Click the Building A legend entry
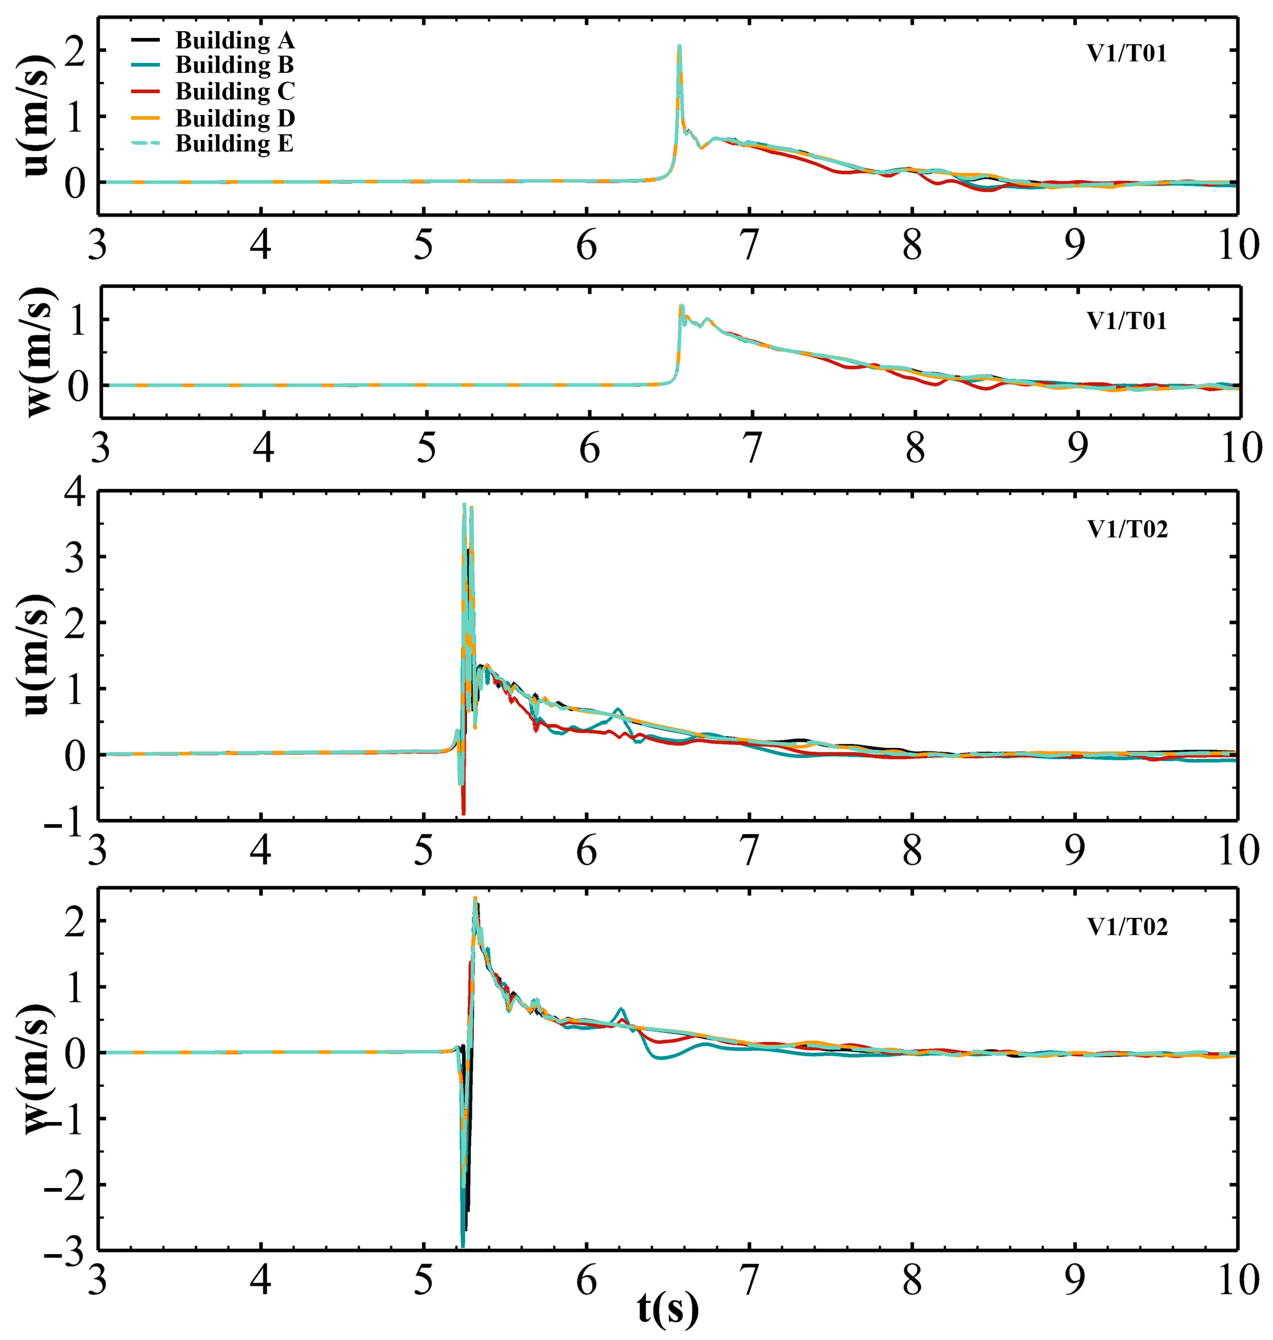[234, 41]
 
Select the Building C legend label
[234, 92]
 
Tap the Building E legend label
[234, 144]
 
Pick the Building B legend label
[234, 65]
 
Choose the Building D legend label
[234, 118]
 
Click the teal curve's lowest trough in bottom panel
[463, 1246]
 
